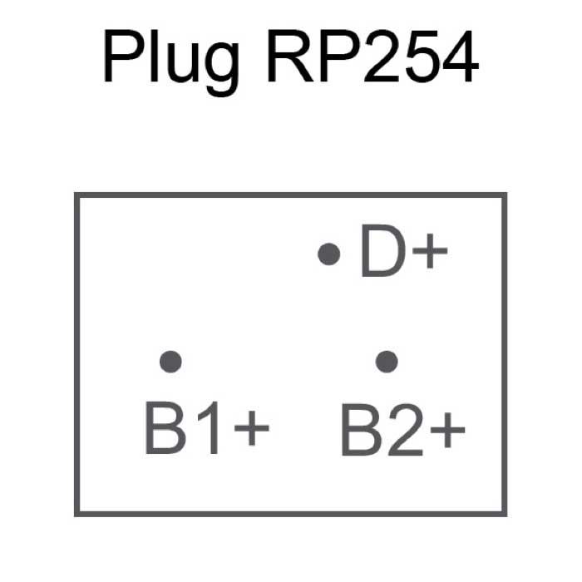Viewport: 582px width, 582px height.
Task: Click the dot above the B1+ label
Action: (170, 361)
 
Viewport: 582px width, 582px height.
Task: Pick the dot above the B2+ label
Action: (386, 361)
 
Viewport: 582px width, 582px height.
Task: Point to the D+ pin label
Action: (403, 253)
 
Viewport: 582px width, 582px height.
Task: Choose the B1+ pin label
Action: (207, 428)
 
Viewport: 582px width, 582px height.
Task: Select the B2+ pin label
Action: (403, 428)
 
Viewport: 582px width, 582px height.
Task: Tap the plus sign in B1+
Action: (252, 431)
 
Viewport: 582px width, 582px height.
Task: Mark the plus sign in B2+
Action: (447, 431)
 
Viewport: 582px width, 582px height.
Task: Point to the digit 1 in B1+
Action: (210, 428)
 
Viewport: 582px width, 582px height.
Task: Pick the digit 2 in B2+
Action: (404, 428)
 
